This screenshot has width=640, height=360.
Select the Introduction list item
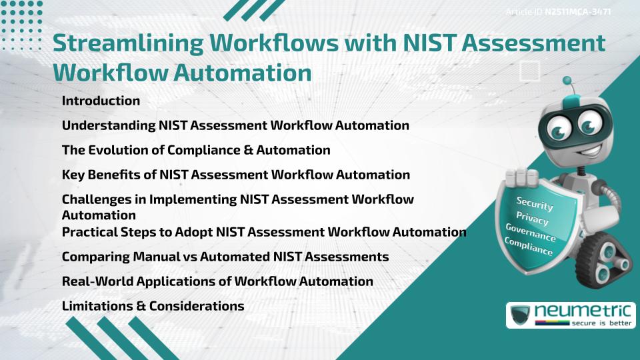tap(101, 101)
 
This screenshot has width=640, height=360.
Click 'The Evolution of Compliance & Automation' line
tap(196, 150)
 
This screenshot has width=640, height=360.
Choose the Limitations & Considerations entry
tap(153, 306)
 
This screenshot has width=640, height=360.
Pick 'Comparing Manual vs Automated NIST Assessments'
tap(225, 256)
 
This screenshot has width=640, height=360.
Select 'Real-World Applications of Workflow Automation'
tap(217, 281)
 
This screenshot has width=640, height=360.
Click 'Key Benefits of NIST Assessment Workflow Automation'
tap(236, 175)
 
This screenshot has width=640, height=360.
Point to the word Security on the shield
tap(535, 204)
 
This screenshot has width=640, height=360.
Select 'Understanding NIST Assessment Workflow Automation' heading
tap(235, 125)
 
